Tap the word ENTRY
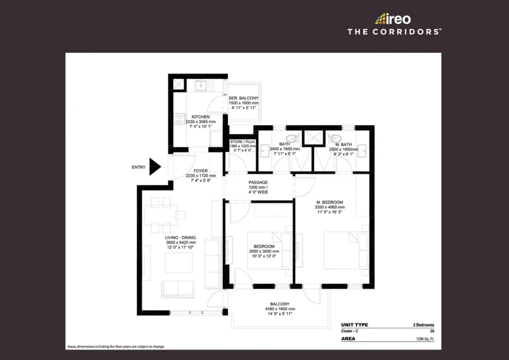coord(139,167)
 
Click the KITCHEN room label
coord(201,117)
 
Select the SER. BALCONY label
coord(244,98)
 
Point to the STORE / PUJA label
coord(243,142)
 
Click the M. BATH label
coord(343,145)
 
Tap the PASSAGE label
coord(258,182)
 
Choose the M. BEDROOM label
coord(330,202)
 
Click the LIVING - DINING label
coord(180,238)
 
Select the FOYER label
coord(201,171)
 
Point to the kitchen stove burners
coord(179,119)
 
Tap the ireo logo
coord(393,19)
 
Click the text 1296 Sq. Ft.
coord(425,339)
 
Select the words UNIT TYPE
coord(354,325)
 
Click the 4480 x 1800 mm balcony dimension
coord(280,309)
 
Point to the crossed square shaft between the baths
coord(313,138)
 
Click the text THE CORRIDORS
coord(394,32)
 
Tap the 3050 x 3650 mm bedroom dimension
coord(264,251)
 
